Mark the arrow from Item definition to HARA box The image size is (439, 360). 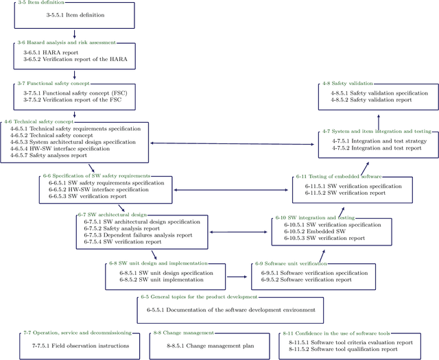pos(75,35)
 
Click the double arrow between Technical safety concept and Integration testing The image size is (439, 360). pos(233,143)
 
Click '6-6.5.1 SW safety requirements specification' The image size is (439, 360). pos(106,183)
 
